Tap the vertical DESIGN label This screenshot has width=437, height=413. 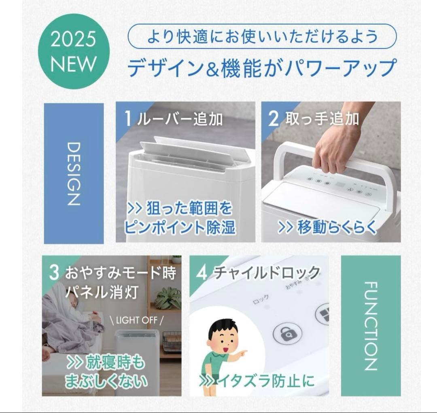pos(73,173)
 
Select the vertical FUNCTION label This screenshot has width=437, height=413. pos(370,326)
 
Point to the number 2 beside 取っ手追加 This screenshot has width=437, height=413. pos(274,119)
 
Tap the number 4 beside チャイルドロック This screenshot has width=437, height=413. pos(201,273)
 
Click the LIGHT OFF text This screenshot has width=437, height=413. pos(137,320)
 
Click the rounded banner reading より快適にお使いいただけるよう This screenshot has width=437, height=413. pos(262,37)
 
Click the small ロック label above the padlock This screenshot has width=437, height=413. pos(261,301)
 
